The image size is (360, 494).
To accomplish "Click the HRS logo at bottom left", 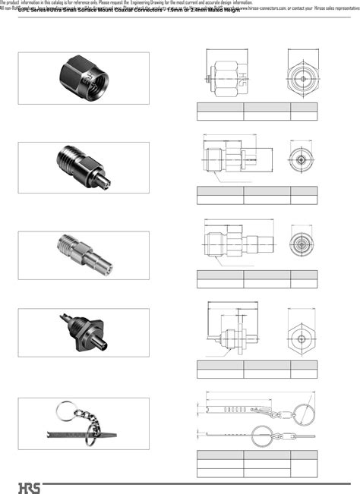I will point(27,485).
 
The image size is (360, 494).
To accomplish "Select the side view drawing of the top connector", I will point(225,78).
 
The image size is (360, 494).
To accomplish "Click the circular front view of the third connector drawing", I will point(302,244).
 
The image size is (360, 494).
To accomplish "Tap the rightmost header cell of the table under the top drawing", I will point(304,107).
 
